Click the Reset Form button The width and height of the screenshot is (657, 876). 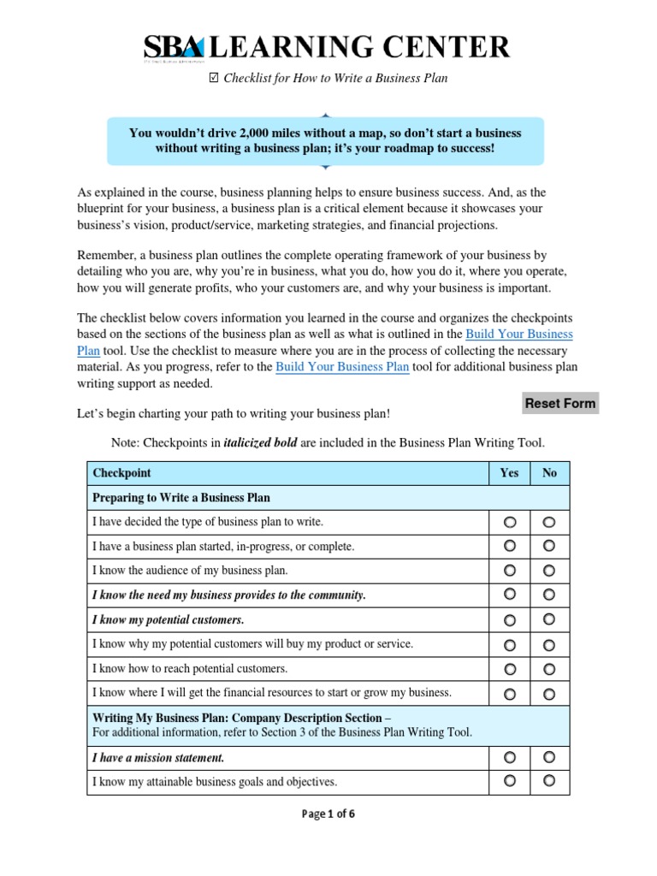click(x=560, y=403)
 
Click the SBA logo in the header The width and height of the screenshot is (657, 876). click(x=175, y=47)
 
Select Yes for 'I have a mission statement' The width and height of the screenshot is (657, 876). click(x=510, y=757)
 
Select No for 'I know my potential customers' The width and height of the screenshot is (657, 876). click(x=549, y=619)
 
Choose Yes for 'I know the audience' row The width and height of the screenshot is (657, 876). click(x=510, y=570)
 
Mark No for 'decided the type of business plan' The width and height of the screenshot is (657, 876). click(x=549, y=521)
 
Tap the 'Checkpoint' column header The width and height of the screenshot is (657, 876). click(x=123, y=473)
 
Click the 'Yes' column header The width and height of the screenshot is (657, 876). click(x=510, y=473)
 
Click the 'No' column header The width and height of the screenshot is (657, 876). click(x=549, y=473)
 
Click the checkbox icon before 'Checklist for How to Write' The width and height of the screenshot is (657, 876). click(x=214, y=79)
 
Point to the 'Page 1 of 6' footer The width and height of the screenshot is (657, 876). click(x=328, y=814)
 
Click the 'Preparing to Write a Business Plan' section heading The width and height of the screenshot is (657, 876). click(x=181, y=497)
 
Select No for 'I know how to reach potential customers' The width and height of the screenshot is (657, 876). click(x=549, y=668)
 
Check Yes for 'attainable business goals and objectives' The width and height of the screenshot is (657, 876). click(x=510, y=780)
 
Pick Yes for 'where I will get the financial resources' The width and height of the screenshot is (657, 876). click(x=510, y=693)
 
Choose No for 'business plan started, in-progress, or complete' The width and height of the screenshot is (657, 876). click(x=549, y=545)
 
